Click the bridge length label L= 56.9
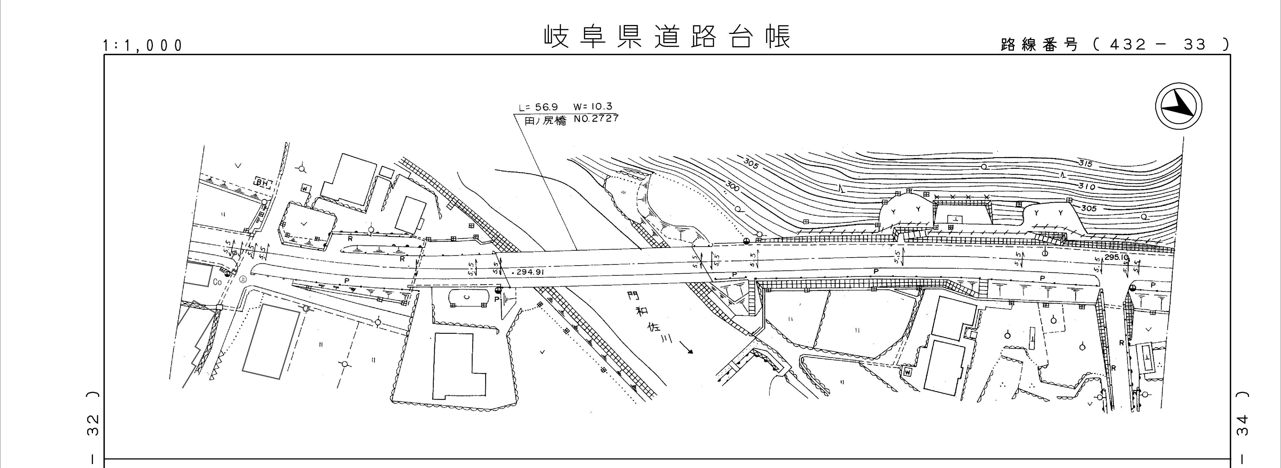pyautogui.click(x=538, y=107)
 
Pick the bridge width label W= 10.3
pyautogui.click(x=592, y=106)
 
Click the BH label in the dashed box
pyautogui.click(x=262, y=183)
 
